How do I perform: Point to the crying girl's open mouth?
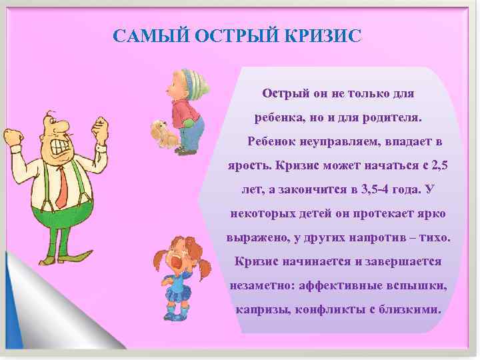pos(177,261)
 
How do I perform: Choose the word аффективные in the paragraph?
pos(339,285)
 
